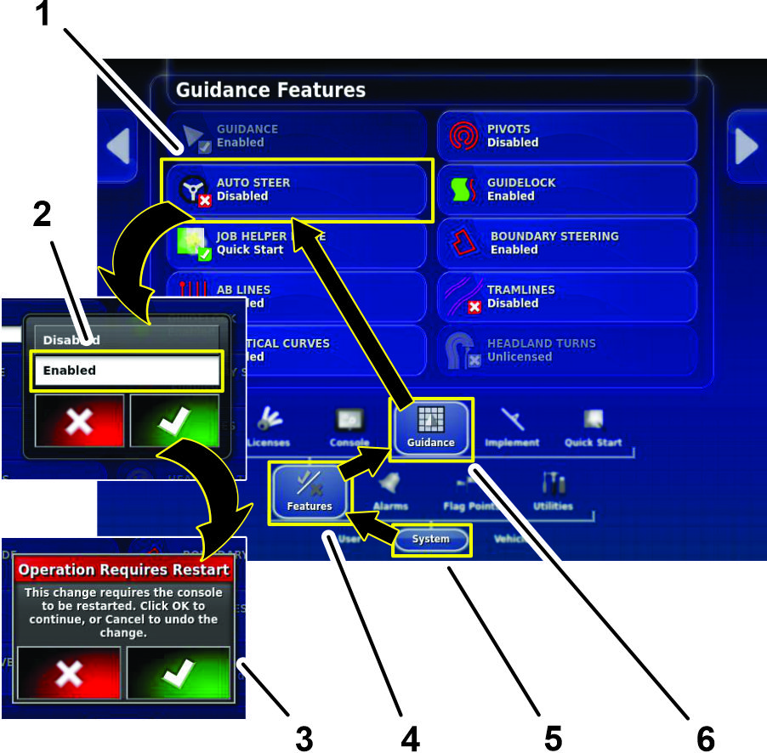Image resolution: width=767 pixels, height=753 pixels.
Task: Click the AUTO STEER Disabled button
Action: [x=298, y=190]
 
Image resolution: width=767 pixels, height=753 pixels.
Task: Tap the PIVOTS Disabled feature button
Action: [x=567, y=136]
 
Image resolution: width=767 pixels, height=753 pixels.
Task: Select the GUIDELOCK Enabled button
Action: [x=567, y=190]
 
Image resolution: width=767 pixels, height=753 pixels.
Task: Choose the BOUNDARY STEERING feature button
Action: [x=567, y=243]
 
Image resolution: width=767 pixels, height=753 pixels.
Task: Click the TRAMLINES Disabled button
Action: [x=567, y=297]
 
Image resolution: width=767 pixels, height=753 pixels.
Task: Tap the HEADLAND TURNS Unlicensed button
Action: [x=567, y=350]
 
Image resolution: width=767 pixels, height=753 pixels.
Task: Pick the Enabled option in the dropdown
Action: [x=127, y=371]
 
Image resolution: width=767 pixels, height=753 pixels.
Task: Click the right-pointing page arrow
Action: [x=746, y=147]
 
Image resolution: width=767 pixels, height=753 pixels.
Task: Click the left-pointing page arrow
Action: [x=118, y=147]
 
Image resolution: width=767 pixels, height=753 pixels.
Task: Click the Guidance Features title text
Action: [x=270, y=89]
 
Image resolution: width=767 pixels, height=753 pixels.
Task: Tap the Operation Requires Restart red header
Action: [x=124, y=569]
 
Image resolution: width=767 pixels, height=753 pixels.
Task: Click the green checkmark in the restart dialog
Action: [x=179, y=672]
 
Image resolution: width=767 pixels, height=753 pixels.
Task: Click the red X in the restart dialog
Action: [x=71, y=672]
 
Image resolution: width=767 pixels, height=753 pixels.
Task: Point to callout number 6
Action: [x=705, y=738]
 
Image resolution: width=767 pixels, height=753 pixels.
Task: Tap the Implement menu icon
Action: [x=512, y=424]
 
